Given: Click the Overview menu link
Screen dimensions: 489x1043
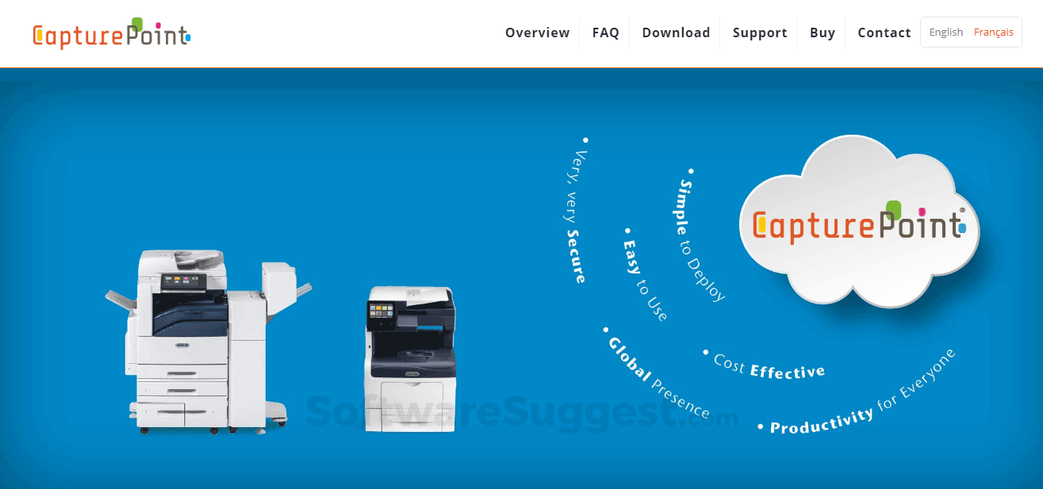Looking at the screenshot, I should click(537, 32).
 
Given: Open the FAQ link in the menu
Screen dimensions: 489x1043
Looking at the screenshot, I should click(605, 32).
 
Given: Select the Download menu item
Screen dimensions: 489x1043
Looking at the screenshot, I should click(676, 32).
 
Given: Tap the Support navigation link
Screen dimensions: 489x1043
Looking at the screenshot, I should click(760, 32).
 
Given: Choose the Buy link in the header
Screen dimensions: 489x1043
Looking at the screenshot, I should click(823, 32).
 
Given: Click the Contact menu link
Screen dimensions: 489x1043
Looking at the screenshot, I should click(884, 32).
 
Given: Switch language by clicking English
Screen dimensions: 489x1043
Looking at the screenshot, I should click(945, 32).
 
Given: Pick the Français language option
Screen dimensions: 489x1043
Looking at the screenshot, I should click(994, 32).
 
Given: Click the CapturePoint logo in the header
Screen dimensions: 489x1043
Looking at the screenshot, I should click(112, 33).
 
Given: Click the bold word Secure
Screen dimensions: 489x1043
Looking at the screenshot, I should click(576, 256).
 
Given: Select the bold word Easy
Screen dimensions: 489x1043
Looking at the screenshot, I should click(631, 256).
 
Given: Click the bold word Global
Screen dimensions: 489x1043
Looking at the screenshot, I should click(629, 359).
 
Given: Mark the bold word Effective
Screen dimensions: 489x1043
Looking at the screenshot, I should click(787, 371).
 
